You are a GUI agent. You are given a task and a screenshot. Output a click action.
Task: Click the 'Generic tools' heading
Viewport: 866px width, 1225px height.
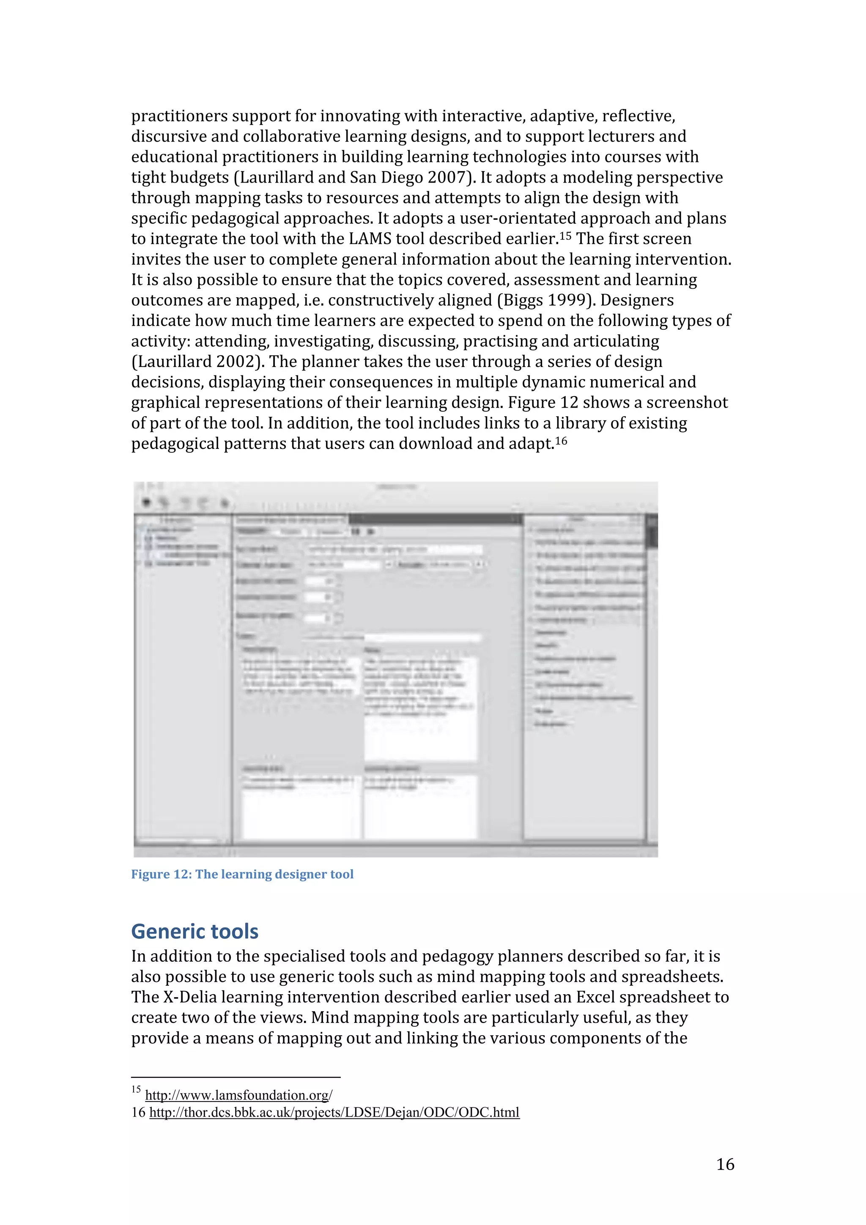tap(195, 931)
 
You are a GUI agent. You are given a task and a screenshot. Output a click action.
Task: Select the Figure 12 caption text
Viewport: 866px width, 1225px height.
tap(242, 874)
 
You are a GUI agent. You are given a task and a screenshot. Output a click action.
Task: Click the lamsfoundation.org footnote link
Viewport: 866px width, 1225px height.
tap(238, 1095)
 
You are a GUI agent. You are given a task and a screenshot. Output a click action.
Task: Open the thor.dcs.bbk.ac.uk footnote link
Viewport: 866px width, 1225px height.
tap(334, 1112)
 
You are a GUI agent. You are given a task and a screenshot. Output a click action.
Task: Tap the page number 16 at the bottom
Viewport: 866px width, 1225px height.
tap(725, 1164)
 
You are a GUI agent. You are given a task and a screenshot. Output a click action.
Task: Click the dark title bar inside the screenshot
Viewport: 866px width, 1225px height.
tap(435, 519)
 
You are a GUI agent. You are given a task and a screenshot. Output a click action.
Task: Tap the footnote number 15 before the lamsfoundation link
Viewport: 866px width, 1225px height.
tap(136, 1089)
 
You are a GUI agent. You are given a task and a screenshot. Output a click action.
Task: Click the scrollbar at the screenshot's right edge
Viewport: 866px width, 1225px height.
tap(652, 533)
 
